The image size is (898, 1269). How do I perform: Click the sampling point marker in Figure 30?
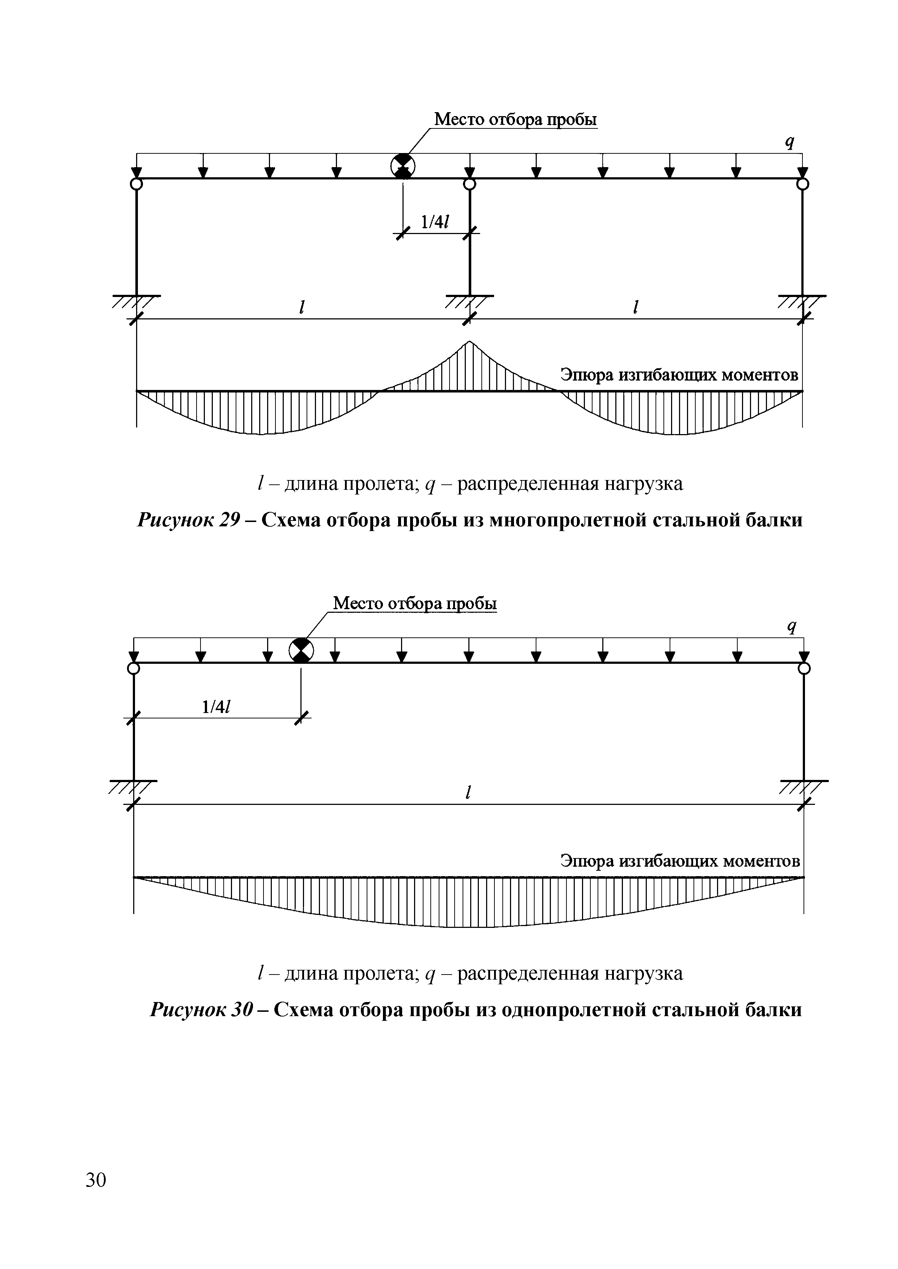302,650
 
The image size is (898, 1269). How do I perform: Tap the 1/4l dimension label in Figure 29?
435,222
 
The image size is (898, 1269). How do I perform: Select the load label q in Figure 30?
792,627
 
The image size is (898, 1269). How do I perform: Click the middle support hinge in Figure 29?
469,183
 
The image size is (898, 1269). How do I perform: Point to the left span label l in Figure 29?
302,307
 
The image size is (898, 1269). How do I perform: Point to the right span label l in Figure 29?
636,307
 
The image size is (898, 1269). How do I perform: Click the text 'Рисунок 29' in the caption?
189,520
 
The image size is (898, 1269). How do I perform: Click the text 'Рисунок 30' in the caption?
201,1010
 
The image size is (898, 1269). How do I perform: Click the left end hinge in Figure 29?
136,183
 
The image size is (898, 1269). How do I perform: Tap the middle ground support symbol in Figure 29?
469,301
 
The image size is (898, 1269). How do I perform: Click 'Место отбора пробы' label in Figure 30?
415,603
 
